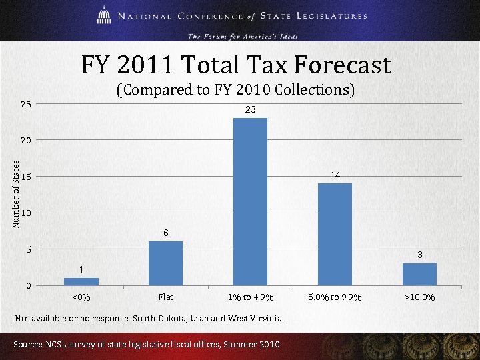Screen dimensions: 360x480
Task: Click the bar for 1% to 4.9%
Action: (x=250, y=202)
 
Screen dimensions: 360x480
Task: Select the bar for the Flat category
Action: (x=165, y=263)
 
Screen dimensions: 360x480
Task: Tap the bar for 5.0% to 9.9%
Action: (x=335, y=235)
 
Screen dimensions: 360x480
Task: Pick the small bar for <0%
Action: (x=81, y=282)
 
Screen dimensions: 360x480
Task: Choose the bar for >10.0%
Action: (x=419, y=275)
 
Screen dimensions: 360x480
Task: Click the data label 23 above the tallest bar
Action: (x=250, y=109)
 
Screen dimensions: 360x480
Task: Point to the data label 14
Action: (x=335, y=175)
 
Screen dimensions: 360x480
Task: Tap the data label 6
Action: (x=165, y=233)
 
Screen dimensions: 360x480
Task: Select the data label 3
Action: (x=420, y=255)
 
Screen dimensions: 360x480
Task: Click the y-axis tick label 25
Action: (x=25, y=104)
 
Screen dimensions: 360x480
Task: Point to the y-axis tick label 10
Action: (x=25, y=213)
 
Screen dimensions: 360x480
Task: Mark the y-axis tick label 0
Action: (x=28, y=286)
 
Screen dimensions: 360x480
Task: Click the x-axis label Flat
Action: (x=165, y=297)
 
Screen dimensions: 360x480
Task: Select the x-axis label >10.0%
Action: (x=419, y=297)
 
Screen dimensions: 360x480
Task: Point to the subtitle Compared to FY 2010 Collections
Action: (x=235, y=89)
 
